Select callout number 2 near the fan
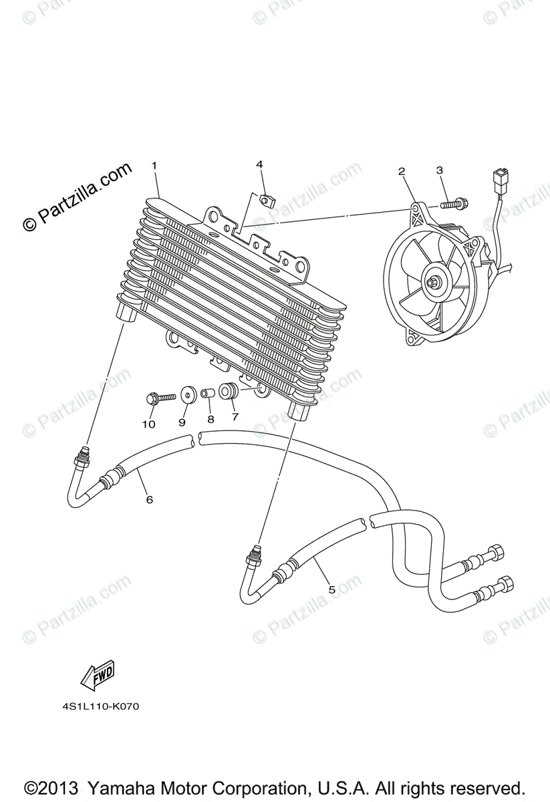click(402, 172)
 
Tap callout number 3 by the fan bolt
click(440, 170)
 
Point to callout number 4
click(259, 164)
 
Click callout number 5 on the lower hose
click(331, 589)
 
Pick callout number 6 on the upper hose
click(149, 499)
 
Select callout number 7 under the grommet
click(235, 416)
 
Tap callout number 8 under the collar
click(211, 419)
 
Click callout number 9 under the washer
click(182, 422)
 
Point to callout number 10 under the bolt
click(148, 424)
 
